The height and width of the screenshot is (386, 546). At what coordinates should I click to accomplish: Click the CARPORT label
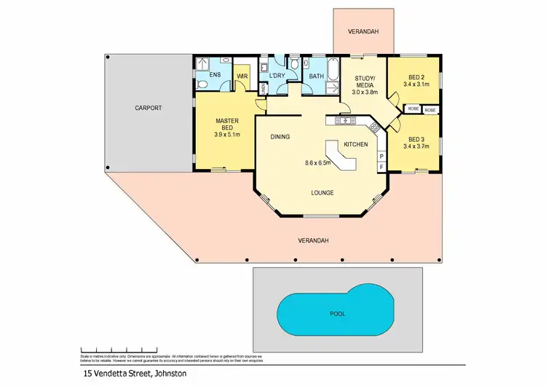[148, 108]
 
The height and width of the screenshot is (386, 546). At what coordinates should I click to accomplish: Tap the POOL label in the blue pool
[336, 314]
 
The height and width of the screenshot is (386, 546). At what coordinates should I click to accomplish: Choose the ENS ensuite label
[215, 75]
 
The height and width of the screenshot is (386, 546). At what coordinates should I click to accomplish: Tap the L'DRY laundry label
[277, 76]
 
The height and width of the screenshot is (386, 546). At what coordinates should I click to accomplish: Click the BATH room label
[316, 76]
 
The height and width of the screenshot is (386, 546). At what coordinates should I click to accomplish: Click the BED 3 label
[416, 139]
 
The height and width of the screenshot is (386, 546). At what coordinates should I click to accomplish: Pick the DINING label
[280, 136]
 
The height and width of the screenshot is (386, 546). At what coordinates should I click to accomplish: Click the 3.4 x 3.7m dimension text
[416, 147]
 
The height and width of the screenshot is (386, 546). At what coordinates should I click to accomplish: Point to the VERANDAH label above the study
[361, 32]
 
